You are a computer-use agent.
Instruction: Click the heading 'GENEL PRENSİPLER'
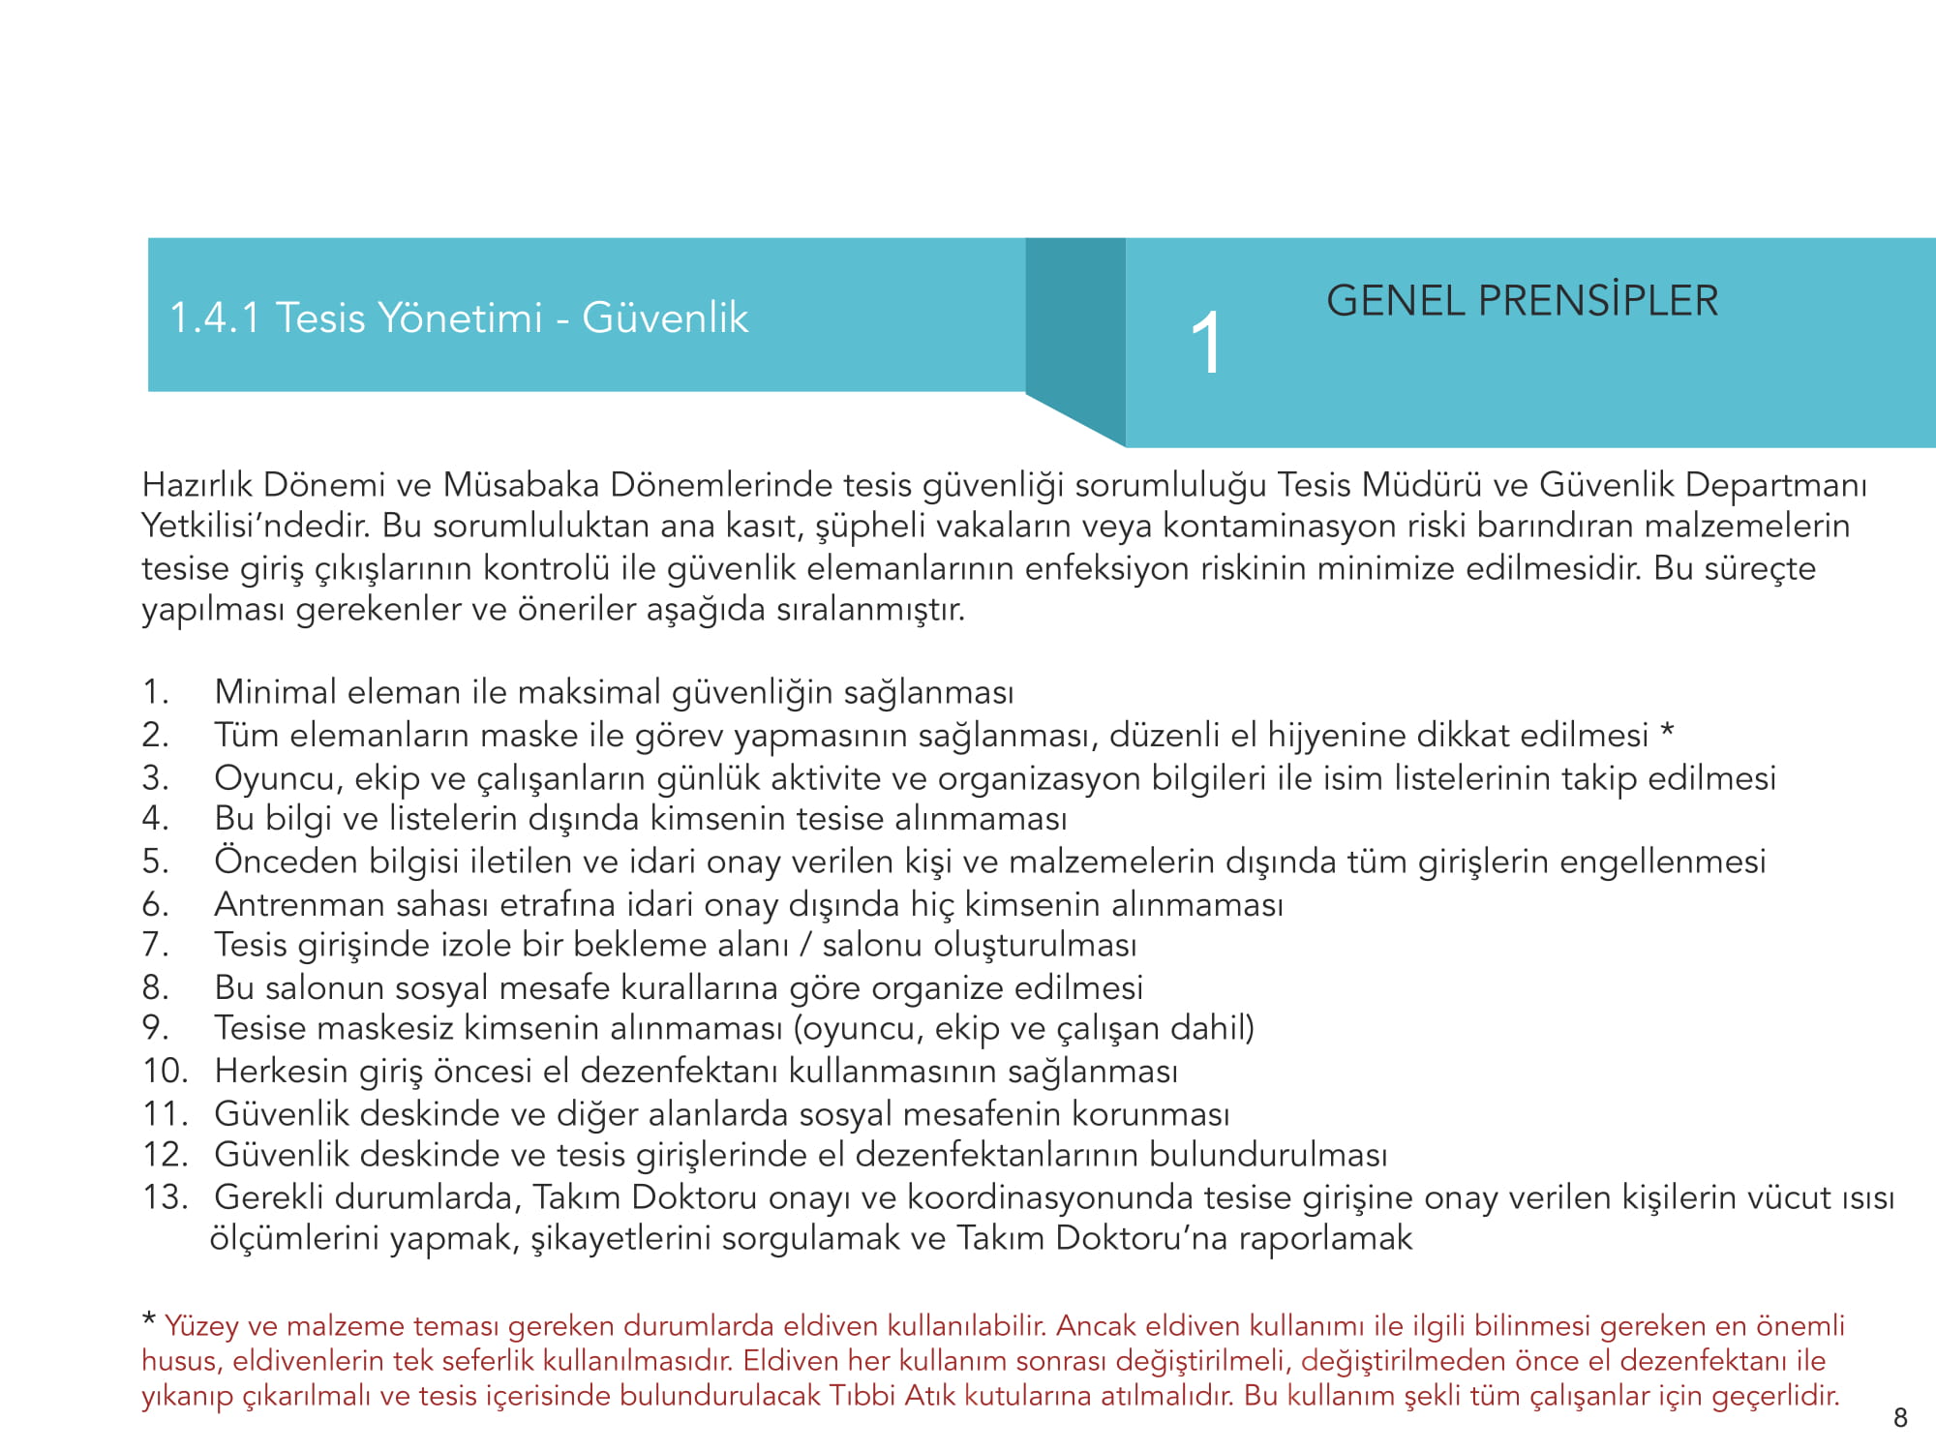pyautogui.click(x=1522, y=301)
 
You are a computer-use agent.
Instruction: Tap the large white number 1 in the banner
pyautogui.click(x=1206, y=343)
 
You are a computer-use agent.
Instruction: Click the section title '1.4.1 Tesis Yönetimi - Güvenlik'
pyautogui.click(x=459, y=318)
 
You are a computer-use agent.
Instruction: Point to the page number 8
pyautogui.click(x=1900, y=1418)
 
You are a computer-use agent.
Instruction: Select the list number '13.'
pyautogui.click(x=166, y=1197)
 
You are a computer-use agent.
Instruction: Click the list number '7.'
pyautogui.click(x=155, y=944)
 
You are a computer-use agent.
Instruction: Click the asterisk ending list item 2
pyautogui.click(x=1667, y=733)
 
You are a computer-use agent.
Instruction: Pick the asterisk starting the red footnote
pyautogui.click(x=149, y=1320)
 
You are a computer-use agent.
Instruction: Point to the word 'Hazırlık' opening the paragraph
pyautogui.click(x=197, y=484)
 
